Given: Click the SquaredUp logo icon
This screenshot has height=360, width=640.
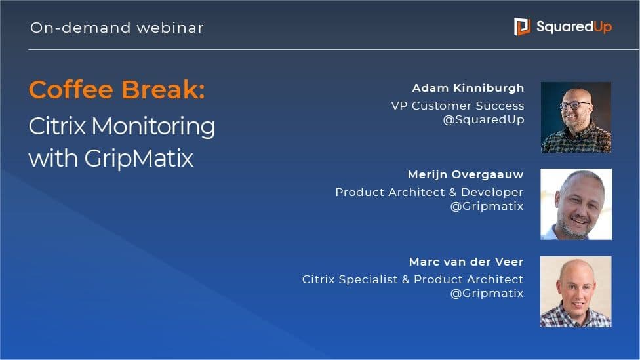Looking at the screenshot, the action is [522, 26].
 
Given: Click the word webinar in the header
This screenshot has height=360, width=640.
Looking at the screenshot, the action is [170, 28].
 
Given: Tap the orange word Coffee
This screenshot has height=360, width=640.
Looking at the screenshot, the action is [71, 89].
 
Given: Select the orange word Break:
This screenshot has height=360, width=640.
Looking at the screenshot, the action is [163, 89].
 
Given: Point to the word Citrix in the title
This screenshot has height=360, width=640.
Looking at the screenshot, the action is [57, 126].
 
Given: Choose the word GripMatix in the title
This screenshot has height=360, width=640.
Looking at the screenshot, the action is [139, 159].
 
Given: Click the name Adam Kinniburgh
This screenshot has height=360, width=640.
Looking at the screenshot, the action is [468, 88].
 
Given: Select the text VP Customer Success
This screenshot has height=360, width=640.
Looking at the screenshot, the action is [458, 106].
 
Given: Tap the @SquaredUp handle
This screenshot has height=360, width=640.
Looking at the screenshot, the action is [484, 119].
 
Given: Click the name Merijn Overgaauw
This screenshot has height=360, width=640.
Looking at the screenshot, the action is [466, 175].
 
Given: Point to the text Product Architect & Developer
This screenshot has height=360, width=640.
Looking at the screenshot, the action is [430, 192].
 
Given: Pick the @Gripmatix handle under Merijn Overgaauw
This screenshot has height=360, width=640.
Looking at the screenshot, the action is [487, 206].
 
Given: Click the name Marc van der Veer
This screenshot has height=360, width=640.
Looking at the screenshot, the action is [466, 262].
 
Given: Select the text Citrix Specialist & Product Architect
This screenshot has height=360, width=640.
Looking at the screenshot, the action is [412, 279].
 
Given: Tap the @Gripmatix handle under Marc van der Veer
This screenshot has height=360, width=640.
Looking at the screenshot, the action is [487, 294].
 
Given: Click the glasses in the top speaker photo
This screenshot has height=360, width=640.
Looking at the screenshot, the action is [576, 105].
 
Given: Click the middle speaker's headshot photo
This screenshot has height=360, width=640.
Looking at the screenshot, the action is [576, 204].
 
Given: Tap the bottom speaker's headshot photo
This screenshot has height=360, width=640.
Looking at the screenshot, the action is [576, 291].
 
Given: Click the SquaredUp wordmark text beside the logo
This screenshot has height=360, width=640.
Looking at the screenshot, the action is [574, 27].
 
